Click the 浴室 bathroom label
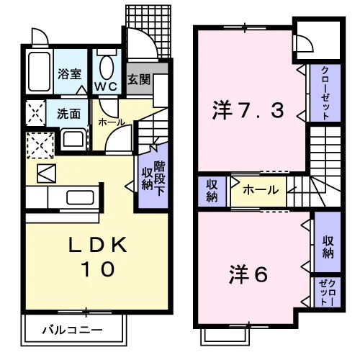(69, 74)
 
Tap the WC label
(106, 86)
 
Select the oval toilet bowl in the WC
(107, 68)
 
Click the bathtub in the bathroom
(39, 71)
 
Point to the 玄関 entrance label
(139, 79)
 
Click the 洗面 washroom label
(68, 114)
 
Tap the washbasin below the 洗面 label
(73, 139)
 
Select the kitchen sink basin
(80, 197)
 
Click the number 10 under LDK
(98, 269)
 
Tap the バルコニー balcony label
(72, 330)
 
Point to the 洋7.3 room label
(248, 111)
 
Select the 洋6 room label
(248, 275)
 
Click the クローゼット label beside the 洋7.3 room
(325, 93)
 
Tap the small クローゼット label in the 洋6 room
(328, 292)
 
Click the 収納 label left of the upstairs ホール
(212, 191)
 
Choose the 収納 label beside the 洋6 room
(328, 247)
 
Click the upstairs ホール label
(261, 190)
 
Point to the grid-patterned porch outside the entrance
(148, 31)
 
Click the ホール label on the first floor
(112, 122)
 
